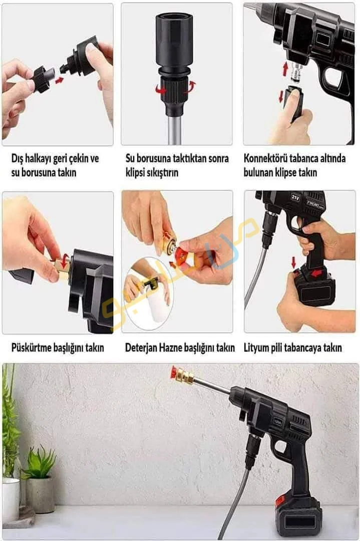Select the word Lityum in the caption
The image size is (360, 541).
258,347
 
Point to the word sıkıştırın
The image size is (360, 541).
162,172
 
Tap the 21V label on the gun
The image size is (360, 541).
294,198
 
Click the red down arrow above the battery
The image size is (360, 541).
293,262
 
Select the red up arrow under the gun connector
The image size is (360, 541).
285,69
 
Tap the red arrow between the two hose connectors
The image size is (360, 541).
60,80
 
